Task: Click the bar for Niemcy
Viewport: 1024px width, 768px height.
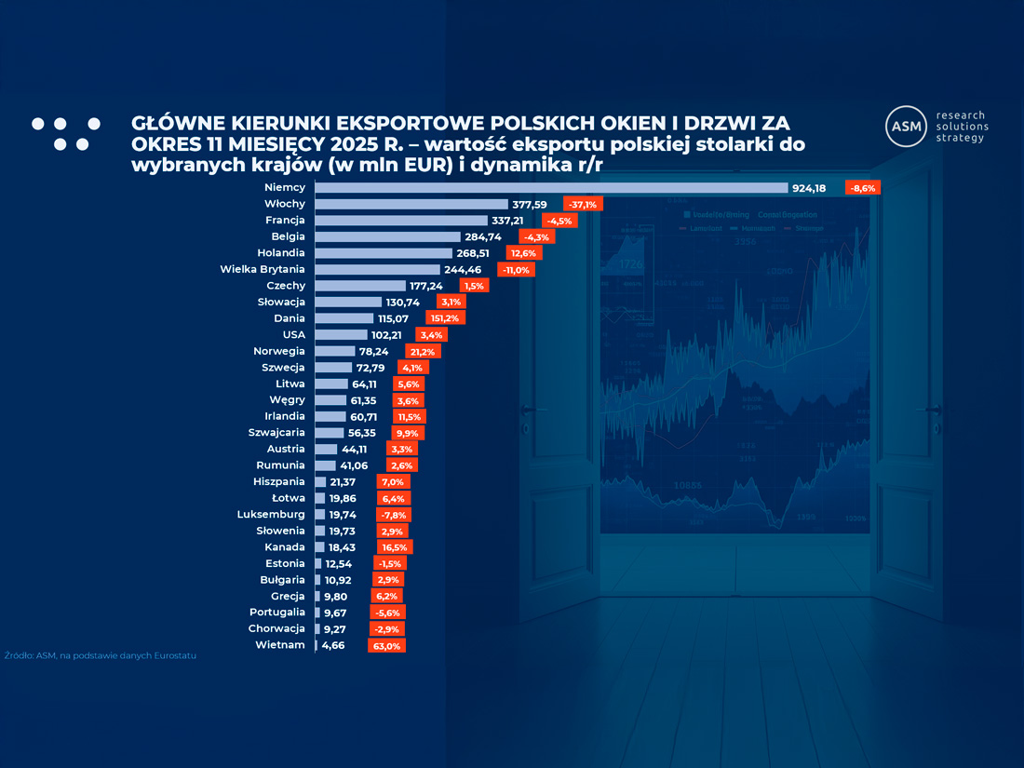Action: tap(551, 188)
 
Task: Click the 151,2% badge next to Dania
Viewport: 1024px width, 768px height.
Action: tap(446, 318)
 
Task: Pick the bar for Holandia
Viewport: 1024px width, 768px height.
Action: tap(384, 253)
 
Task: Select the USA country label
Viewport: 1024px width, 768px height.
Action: tap(293, 334)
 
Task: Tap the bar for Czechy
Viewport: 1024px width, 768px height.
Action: tap(360, 286)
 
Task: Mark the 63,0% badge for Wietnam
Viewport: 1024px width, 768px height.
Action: tap(386, 645)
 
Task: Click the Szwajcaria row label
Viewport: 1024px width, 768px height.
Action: tap(276, 433)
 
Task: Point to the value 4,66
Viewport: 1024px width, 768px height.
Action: tap(333, 645)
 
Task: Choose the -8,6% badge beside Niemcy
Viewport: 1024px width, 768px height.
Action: tap(862, 188)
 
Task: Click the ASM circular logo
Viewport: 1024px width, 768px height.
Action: tap(906, 126)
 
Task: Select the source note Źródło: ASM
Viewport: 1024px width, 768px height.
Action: tap(101, 655)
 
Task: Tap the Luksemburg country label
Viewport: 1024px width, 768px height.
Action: tap(271, 514)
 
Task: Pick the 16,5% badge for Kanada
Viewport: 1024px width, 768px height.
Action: tap(395, 547)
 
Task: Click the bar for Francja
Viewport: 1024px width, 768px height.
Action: tap(401, 221)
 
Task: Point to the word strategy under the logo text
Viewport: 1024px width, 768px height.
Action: tap(959, 138)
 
